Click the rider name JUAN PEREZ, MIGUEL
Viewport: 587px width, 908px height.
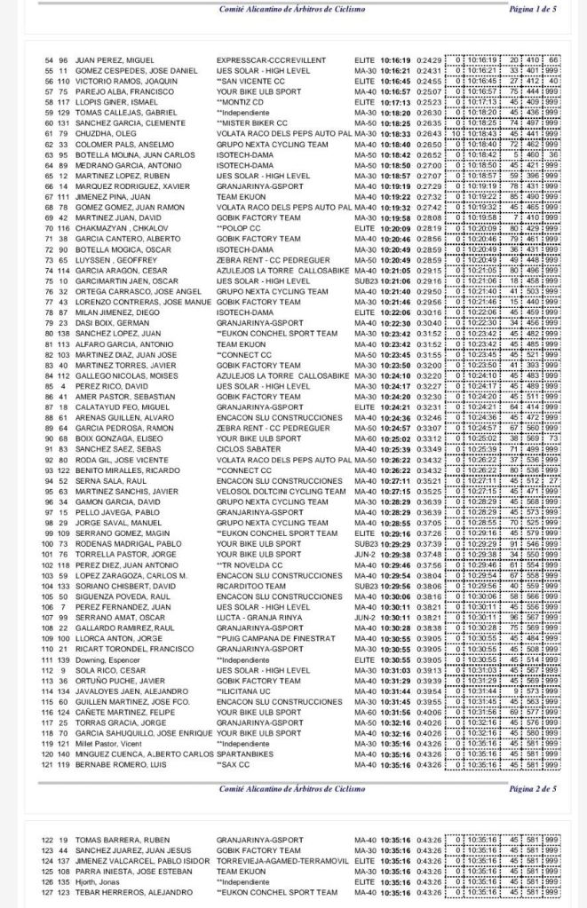tap(105, 59)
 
